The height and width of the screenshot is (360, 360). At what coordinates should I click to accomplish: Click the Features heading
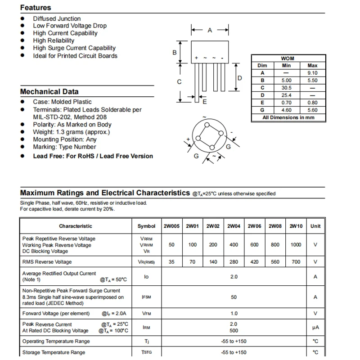tap(36, 8)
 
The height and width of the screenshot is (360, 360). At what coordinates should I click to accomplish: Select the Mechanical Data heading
tap(49, 92)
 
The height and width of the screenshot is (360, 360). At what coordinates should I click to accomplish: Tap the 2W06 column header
tap(255, 226)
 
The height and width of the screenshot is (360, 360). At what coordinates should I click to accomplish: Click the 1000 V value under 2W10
tap(296, 245)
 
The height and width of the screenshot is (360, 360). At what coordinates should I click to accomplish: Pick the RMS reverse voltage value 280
tap(234, 262)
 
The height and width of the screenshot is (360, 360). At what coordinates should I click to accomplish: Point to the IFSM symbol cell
tap(146, 297)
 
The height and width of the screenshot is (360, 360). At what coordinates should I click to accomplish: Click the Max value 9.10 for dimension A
tap(312, 73)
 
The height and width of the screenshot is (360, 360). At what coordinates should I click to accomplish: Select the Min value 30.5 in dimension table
tap(286, 88)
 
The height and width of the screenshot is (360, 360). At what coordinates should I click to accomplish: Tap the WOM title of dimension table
tap(288, 58)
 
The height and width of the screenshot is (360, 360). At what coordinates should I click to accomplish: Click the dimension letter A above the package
tap(210, 31)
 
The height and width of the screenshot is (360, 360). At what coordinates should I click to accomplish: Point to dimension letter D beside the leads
tap(240, 78)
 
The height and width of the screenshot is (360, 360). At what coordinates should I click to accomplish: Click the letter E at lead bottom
tap(205, 102)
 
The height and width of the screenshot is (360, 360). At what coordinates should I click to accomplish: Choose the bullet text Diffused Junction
tap(57, 18)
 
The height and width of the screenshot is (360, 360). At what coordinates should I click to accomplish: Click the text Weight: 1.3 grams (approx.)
tap(71, 132)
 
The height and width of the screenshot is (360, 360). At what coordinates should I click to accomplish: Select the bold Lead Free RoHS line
tap(93, 156)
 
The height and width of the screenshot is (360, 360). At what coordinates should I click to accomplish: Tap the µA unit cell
tap(315, 328)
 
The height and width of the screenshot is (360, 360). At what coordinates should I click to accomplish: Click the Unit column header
tap(315, 226)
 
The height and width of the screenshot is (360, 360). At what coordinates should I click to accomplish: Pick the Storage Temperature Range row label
tap(54, 352)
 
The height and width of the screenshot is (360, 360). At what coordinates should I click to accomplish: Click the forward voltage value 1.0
tap(234, 314)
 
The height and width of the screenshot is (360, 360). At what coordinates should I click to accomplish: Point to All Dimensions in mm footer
tap(288, 117)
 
